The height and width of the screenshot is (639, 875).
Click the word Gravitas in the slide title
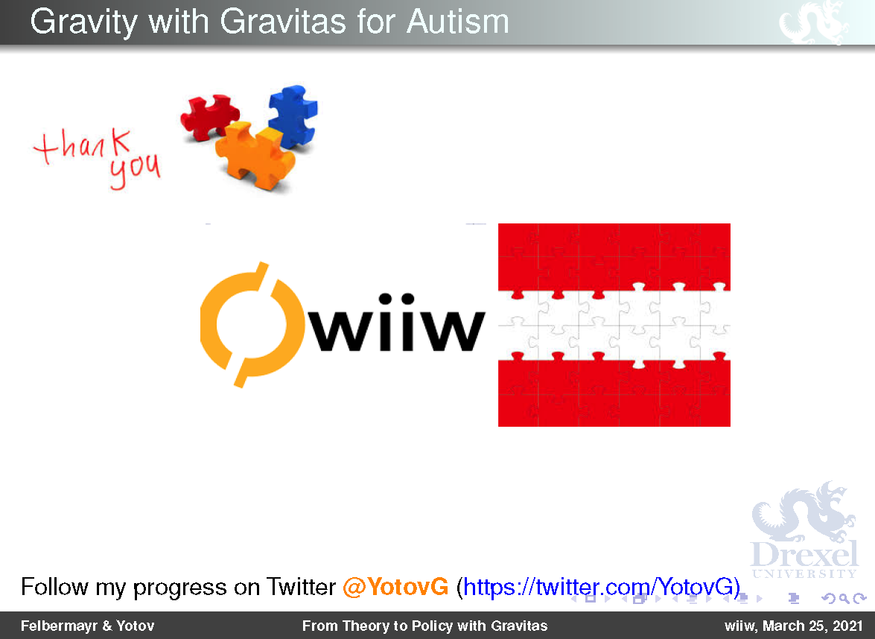pyautogui.click(x=283, y=22)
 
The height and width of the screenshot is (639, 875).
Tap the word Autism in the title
pyautogui.click(x=457, y=22)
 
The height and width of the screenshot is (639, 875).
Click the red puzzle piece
pyautogui.click(x=209, y=116)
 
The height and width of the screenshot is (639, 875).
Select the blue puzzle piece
pyautogui.click(x=293, y=116)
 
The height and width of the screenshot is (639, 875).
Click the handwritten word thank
pyautogui.click(x=83, y=146)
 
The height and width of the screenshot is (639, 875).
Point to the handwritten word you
pyautogui.click(x=135, y=170)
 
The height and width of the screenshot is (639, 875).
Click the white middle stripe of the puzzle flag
pyautogui.click(x=614, y=325)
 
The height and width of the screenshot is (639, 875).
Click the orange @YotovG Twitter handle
pyautogui.click(x=395, y=587)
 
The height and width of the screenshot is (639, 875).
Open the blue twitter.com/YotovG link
pyautogui.click(x=599, y=587)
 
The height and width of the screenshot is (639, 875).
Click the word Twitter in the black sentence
pyautogui.click(x=301, y=587)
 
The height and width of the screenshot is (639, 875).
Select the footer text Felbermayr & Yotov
pyautogui.click(x=87, y=626)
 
